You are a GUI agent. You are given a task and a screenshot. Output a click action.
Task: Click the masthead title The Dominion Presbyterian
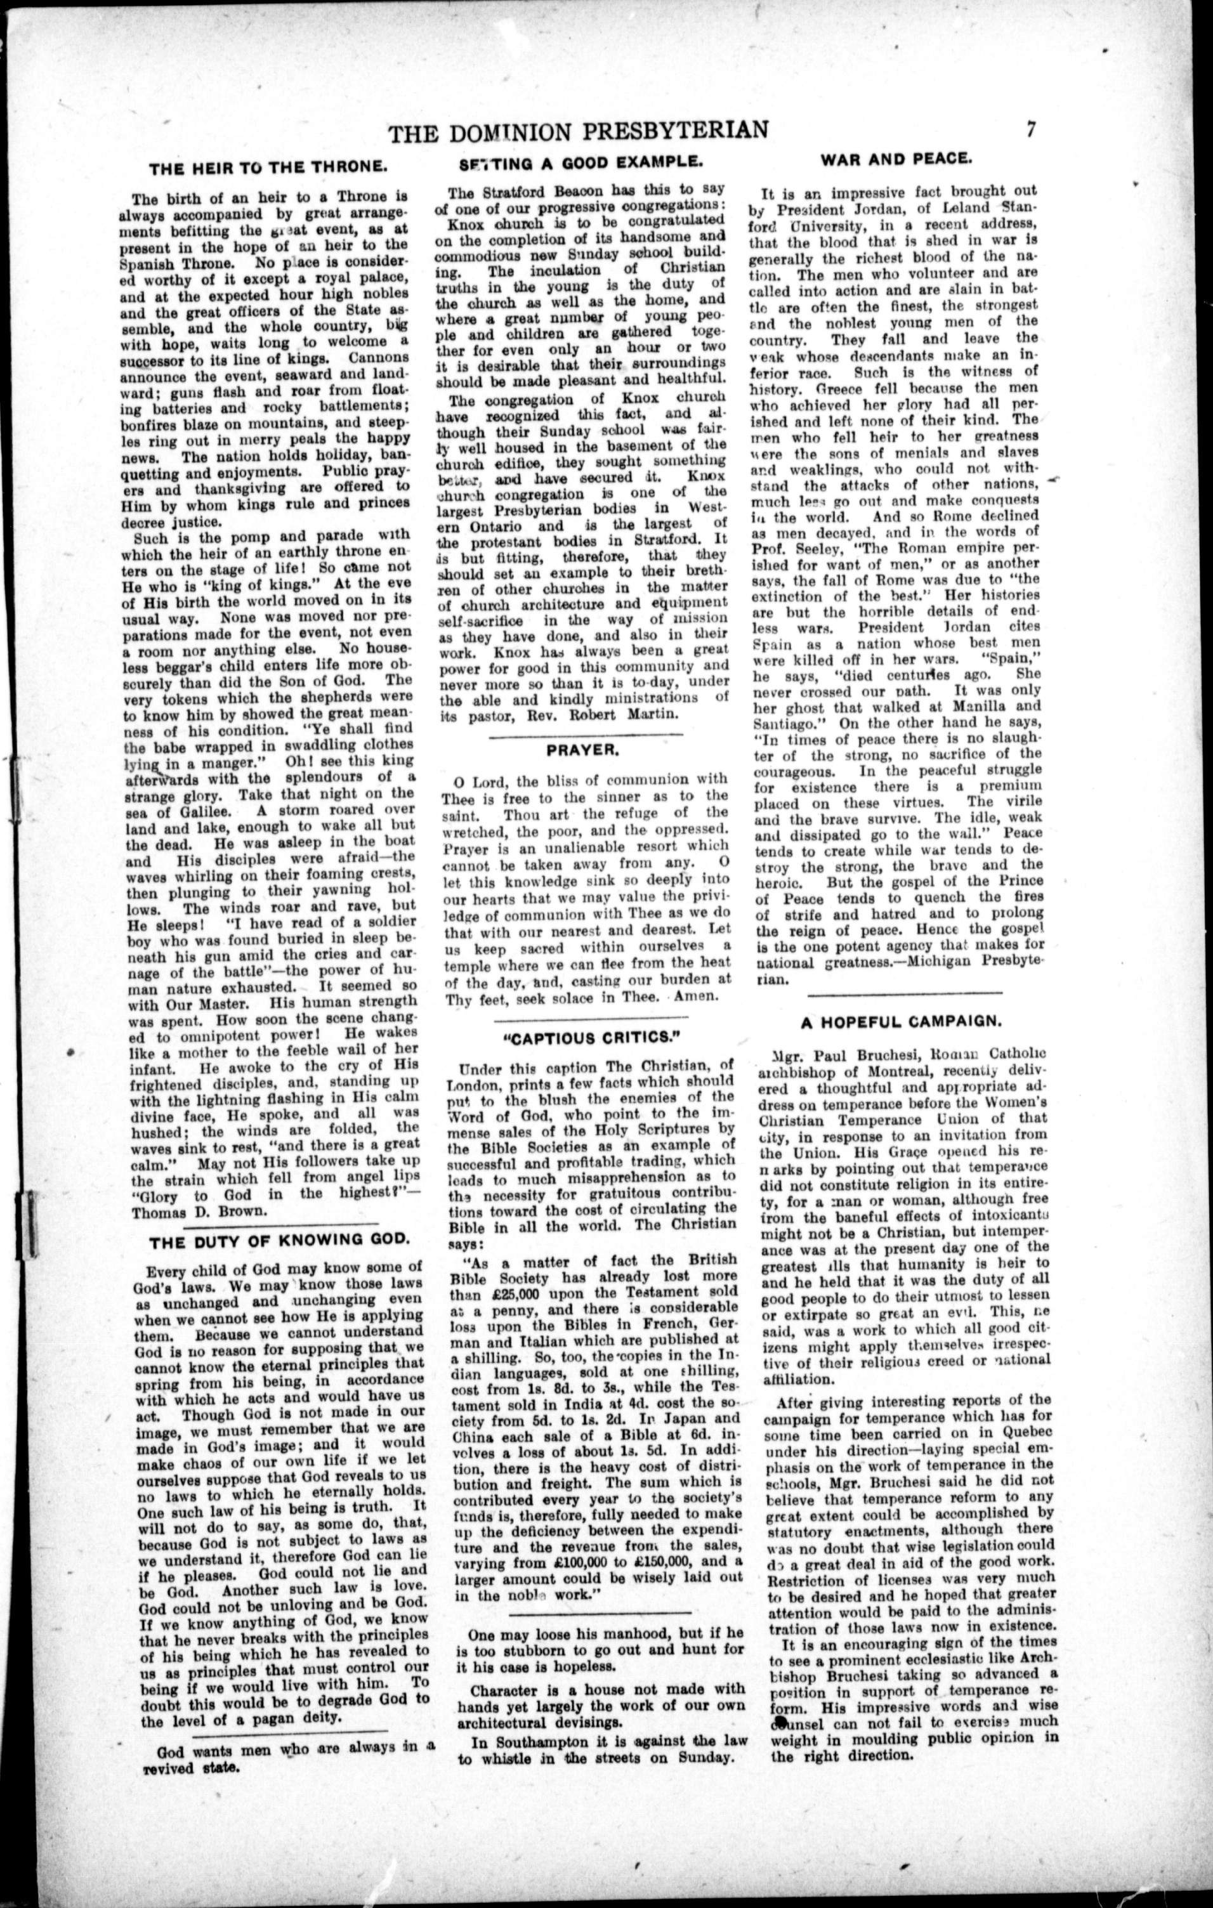coord(579,131)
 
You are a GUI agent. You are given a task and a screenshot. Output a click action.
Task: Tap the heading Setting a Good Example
coord(580,162)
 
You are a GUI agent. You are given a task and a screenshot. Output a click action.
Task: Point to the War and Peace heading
coord(895,159)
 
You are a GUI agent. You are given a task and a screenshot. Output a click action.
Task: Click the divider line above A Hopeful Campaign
coord(904,992)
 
